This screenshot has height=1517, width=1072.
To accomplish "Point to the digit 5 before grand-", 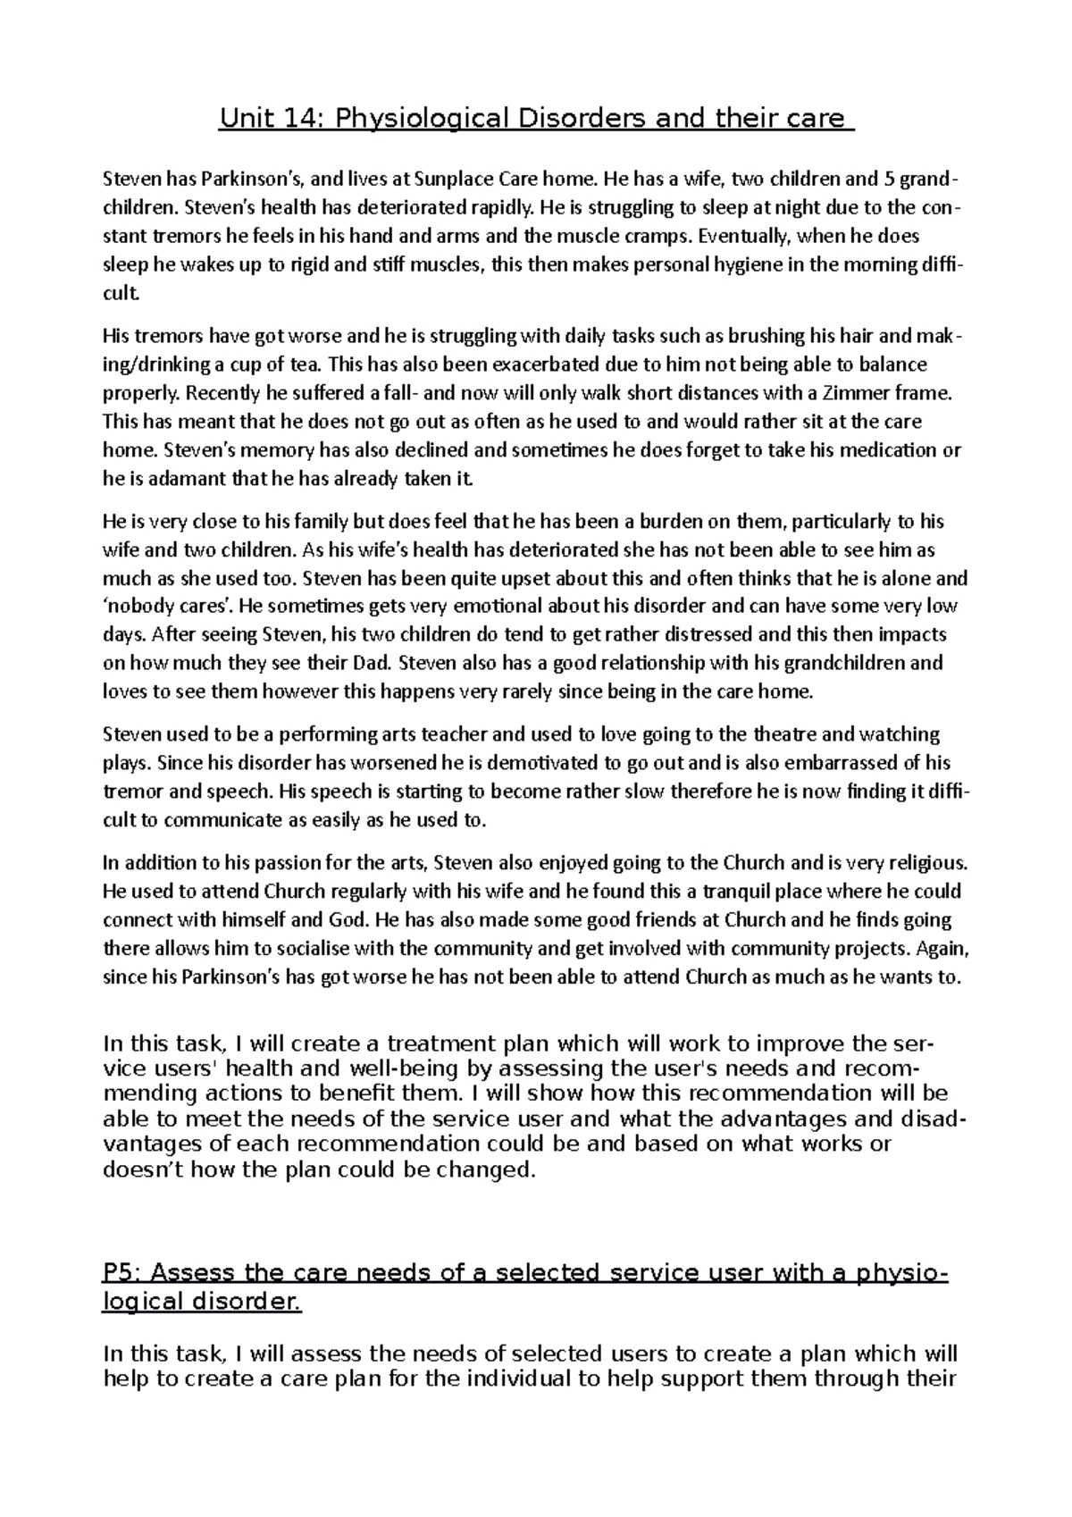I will coord(889,179).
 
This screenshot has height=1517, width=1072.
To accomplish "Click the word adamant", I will coord(167,479).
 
